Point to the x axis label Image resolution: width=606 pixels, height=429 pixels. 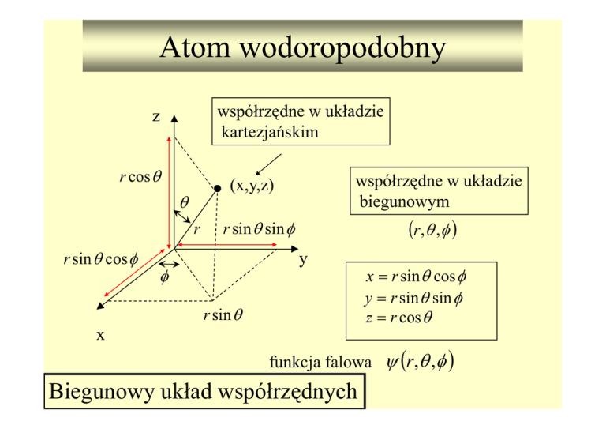tap(100, 334)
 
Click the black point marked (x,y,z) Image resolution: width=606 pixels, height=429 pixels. tap(215, 188)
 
